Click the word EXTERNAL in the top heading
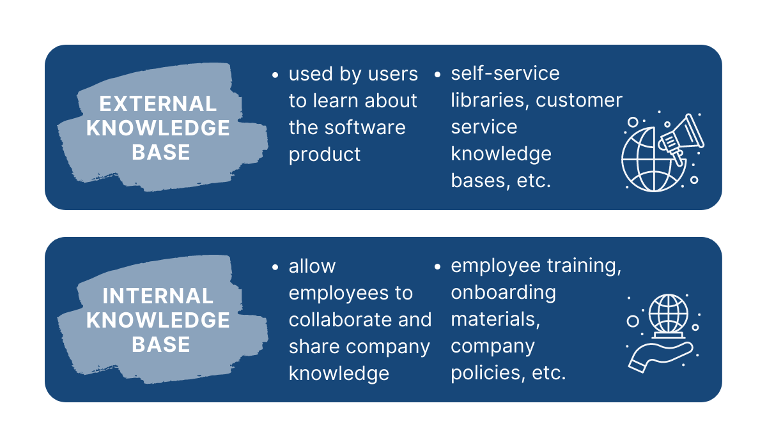click(158, 103)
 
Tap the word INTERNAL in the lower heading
click(158, 296)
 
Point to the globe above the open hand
click(668, 314)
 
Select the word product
click(324, 155)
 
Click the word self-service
click(505, 73)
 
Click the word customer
click(579, 101)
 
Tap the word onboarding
click(504, 293)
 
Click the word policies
click(488, 373)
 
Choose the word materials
click(495, 320)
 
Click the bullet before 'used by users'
click(275, 75)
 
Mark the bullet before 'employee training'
click(437, 267)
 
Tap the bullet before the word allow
click(275, 267)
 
